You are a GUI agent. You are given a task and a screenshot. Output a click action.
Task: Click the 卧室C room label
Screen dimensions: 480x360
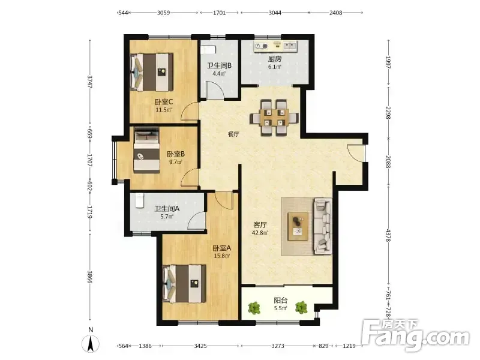tap(164, 101)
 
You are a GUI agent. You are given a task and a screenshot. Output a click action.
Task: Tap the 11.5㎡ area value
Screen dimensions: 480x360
tap(164, 110)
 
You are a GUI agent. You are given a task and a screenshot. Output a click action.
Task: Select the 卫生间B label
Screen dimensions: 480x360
tap(219, 65)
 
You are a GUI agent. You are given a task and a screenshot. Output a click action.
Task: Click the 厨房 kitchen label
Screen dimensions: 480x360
tap(275, 59)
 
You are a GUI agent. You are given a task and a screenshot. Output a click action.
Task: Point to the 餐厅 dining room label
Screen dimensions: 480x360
tap(233, 134)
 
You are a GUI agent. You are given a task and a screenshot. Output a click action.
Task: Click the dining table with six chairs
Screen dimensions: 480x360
tap(274, 117)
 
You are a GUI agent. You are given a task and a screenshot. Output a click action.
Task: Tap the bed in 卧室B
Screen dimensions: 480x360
tap(146, 151)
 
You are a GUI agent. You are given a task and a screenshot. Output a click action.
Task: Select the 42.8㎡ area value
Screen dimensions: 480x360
tap(260, 233)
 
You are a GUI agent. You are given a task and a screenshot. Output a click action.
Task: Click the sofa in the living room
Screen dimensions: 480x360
tap(323, 226)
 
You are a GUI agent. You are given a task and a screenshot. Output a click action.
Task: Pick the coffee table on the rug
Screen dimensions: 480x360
tap(298, 227)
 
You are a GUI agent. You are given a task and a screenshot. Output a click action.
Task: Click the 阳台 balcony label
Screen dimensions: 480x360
tap(280, 301)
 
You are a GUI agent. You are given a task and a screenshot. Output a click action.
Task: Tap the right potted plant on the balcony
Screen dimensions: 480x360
tap(301, 307)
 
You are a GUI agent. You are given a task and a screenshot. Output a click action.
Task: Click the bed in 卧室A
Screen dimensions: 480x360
tap(184, 284)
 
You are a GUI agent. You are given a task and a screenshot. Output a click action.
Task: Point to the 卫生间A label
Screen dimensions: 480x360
tap(167, 209)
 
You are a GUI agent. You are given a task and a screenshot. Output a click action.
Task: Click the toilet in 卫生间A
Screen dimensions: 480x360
tap(140, 200)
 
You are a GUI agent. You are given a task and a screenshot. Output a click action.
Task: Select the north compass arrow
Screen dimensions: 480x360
tap(91, 344)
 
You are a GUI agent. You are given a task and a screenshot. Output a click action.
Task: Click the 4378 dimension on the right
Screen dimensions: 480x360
tap(388, 235)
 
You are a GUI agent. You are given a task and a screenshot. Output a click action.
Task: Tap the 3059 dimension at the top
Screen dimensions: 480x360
tap(163, 13)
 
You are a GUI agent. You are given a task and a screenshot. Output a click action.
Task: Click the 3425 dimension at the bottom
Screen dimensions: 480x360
tap(200, 346)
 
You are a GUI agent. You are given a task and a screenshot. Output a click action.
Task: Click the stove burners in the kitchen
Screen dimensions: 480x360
tap(261, 46)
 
